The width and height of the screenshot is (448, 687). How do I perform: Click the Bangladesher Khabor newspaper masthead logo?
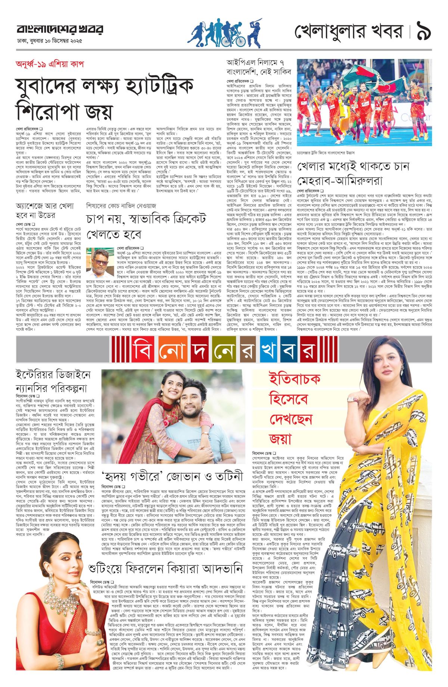(60, 29)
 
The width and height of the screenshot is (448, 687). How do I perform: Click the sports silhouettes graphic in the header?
(224, 33)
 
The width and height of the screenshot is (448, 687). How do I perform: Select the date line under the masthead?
(49, 41)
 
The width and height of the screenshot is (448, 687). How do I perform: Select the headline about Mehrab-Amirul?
(353, 173)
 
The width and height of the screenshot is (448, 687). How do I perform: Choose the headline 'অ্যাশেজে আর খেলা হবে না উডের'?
(41, 211)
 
